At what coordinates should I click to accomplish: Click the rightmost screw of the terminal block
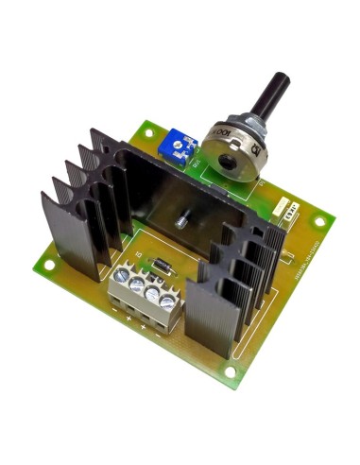(x=166, y=301)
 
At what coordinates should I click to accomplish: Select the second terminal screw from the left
(x=137, y=284)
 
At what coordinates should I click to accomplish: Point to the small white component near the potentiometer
(x=283, y=209)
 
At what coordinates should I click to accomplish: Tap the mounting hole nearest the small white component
(x=319, y=223)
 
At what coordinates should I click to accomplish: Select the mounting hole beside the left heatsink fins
(x=47, y=266)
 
